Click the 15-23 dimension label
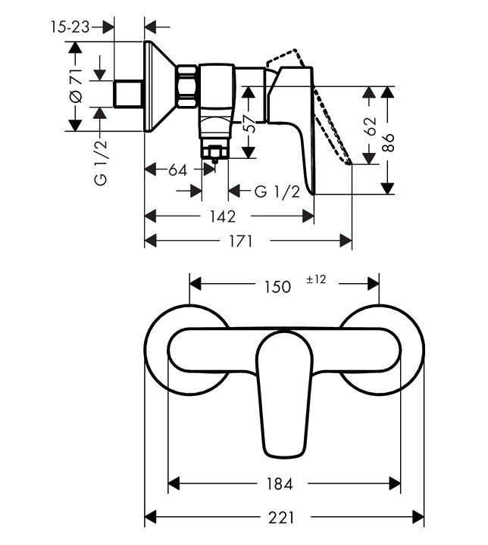pos(70,27)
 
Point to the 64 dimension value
pos(177,170)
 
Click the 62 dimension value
pos(371,126)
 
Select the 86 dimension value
pos(389,143)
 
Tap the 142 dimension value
pos(221,216)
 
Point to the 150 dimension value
pos(277,287)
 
